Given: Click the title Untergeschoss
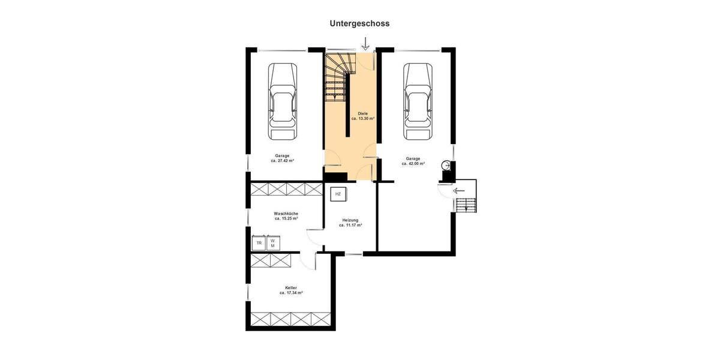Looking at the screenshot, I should pos(359,23).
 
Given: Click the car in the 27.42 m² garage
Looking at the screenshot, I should pos(283,101).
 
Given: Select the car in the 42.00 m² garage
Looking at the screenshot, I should pos(418,101).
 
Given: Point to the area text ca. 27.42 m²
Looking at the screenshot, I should pos(282,161).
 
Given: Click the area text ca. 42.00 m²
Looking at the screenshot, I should pos(413,163).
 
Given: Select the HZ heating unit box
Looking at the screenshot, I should pos(338,194).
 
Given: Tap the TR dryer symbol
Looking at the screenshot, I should pos(259,243).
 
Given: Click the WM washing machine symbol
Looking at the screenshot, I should pos(273,243).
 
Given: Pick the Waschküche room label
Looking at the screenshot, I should pos(286,214).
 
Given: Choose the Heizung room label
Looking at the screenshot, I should pos(350,220).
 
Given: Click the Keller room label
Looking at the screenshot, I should pos(291,288).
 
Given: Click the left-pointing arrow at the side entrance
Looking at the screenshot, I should pos(459,191).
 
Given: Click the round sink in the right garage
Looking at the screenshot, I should pos(446,165).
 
